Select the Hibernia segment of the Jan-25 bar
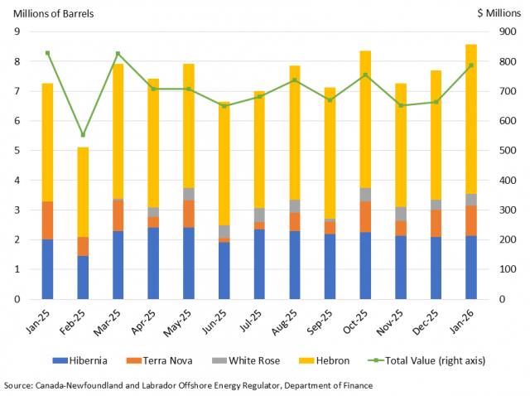click(x=47, y=269)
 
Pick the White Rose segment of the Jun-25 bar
click(x=224, y=231)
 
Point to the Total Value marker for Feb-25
click(x=83, y=135)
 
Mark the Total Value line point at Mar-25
click(x=118, y=54)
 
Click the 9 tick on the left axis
click(x=17, y=31)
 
